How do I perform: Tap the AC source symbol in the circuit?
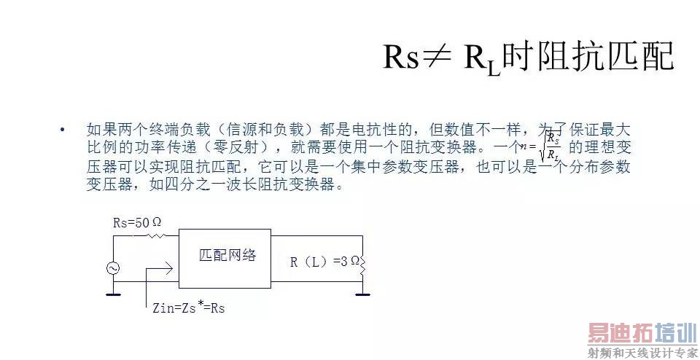pos(114,268)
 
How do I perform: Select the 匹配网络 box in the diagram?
pos(225,257)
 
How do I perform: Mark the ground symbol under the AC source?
pos(114,294)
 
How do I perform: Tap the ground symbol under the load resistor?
pos(362,294)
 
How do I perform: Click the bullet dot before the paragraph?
pos(63,130)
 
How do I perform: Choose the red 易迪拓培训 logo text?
pos(632,333)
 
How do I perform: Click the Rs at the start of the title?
pos(401,57)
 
